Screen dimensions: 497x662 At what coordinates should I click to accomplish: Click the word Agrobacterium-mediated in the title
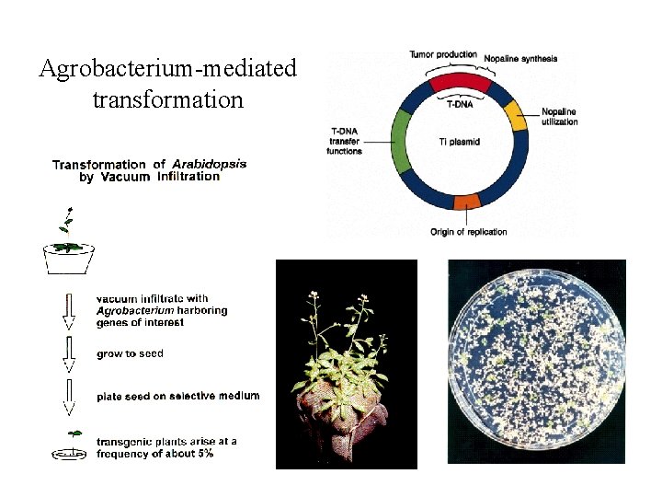[x=168, y=68]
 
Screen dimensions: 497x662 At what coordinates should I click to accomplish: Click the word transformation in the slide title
[x=168, y=98]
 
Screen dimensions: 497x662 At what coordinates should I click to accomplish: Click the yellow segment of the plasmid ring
[x=516, y=116]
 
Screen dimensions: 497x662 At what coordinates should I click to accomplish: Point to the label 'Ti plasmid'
[x=460, y=142]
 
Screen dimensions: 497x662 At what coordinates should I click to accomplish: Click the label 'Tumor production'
[x=443, y=55]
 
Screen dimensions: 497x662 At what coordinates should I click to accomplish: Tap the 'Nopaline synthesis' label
[x=520, y=59]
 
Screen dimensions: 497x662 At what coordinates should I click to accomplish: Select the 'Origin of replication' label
[x=468, y=232]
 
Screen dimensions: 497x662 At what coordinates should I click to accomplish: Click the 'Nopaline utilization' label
[x=559, y=116]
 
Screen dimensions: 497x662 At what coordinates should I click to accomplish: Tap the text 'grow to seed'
[x=130, y=353]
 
